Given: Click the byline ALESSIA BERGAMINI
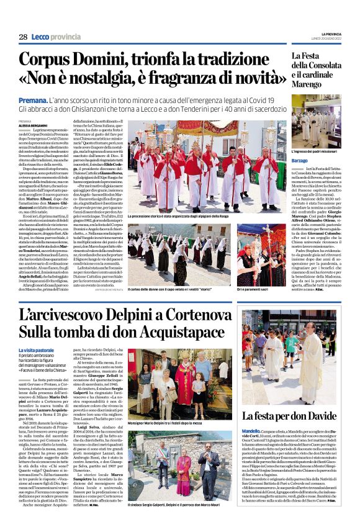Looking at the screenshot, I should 34,125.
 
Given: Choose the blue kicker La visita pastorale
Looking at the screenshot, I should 36,351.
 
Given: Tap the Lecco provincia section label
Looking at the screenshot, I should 57,37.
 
